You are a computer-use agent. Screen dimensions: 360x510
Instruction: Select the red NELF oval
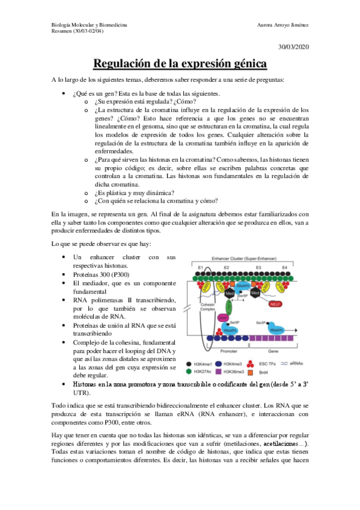point(275,305)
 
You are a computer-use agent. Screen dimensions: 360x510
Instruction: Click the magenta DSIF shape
point(222,318)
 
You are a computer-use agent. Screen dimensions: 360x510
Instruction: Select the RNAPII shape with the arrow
point(276,330)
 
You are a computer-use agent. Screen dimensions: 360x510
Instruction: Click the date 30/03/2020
point(293,47)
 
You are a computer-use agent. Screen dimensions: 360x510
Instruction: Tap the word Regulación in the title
point(123,63)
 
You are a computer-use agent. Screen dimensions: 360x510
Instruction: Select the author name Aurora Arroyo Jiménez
point(282,25)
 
